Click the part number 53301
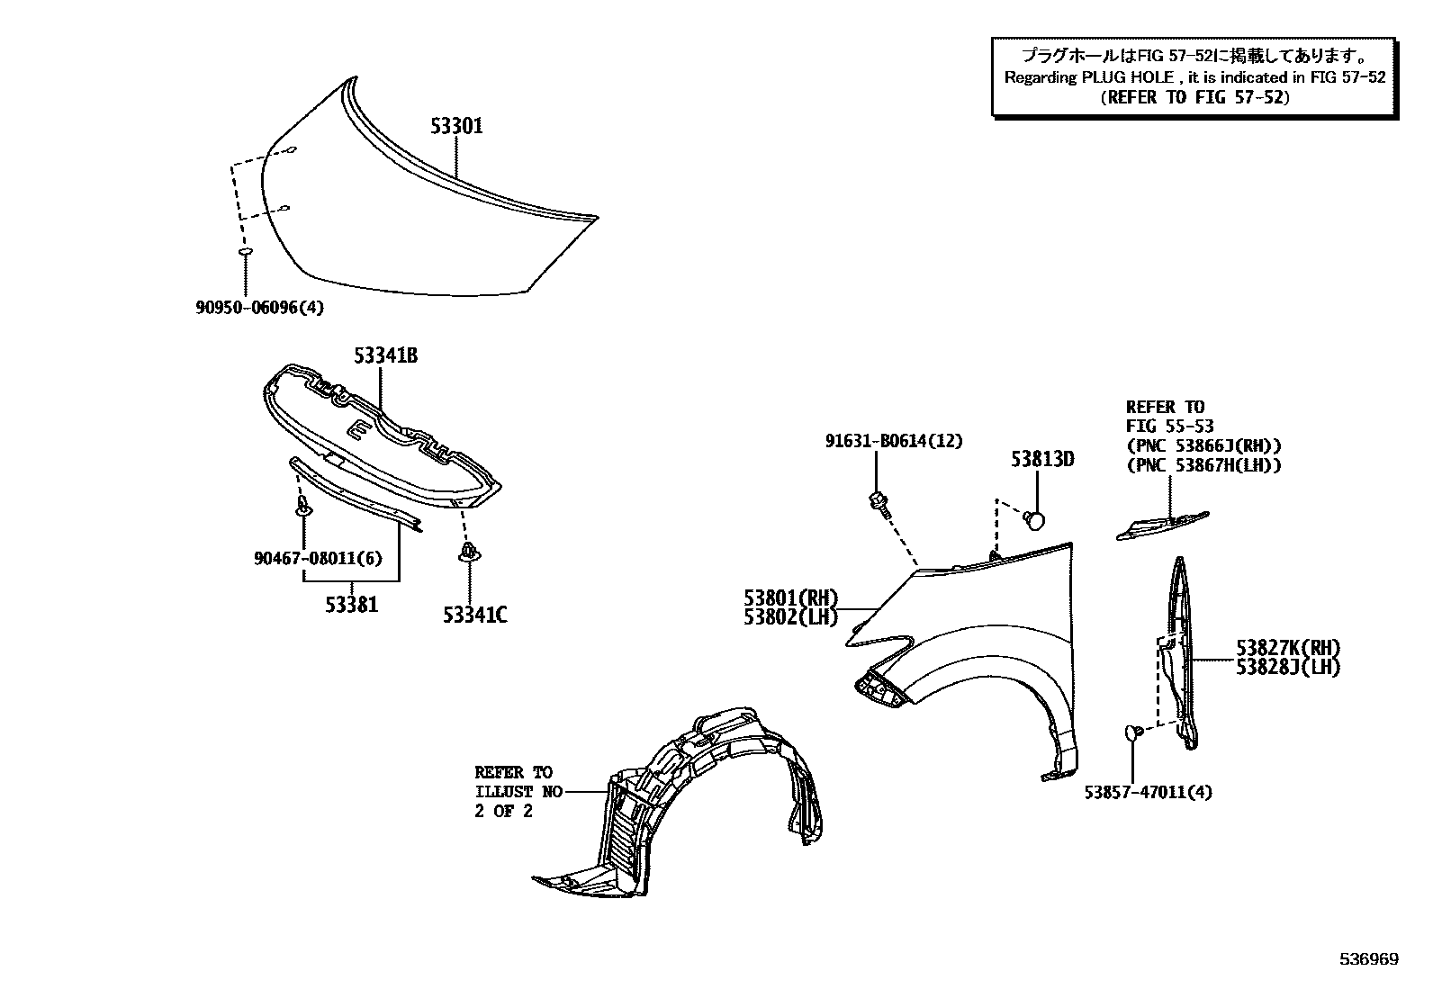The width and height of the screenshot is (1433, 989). pos(455,126)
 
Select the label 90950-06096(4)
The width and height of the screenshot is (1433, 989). pos(259,308)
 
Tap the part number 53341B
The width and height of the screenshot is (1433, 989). pos(385,356)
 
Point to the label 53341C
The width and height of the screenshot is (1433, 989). pos(474,616)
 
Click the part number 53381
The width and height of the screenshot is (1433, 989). pos(352,604)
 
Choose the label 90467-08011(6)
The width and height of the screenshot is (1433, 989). pos(318,559)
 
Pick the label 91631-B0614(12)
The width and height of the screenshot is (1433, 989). pos(894,441)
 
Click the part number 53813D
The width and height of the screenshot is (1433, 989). pos(1042,460)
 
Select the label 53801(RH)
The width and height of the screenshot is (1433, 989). pos(790,598)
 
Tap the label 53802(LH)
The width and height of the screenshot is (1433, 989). pos(790,617)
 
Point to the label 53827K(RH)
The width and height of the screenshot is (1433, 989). pos(1288,648)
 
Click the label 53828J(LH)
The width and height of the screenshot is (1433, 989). pos(1288,668)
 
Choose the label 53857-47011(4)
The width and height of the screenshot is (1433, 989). pos(1148,793)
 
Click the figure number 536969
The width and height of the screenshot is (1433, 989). pos(1369,959)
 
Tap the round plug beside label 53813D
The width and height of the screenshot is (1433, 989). pos(1035,518)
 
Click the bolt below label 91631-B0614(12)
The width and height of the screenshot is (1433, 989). pos(879,503)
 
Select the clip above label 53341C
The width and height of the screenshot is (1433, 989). pos(467,551)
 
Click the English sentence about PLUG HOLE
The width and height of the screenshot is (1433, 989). pos(1194,77)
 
